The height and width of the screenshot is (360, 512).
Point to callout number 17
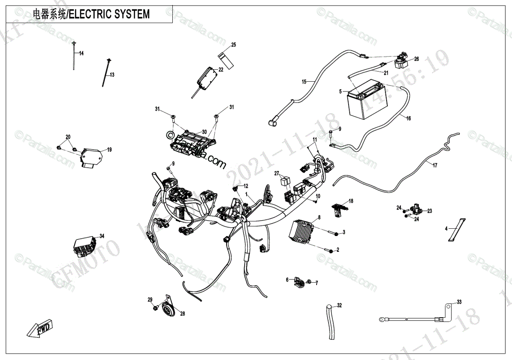point(435,165)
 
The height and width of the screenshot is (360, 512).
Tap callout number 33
point(459,302)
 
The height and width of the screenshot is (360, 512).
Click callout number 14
point(81,53)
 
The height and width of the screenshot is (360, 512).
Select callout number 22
point(221,70)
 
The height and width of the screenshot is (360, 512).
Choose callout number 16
point(408,118)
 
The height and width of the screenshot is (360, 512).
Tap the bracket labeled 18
point(340,209)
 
